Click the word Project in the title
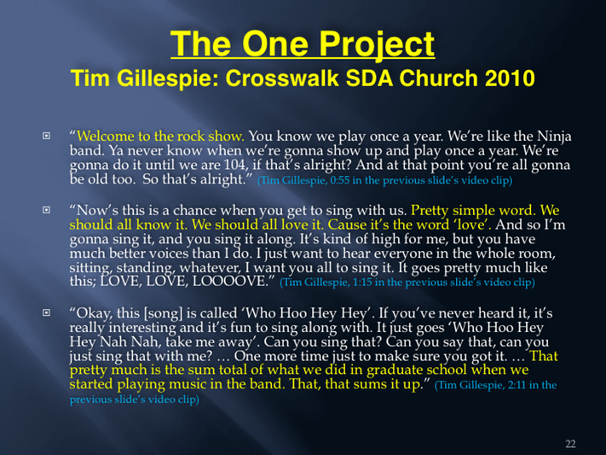(x=377, y=44)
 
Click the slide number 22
(x=570, y=444)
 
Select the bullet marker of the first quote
(x=46, y=136)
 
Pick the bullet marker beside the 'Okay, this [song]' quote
(x=46, y=312)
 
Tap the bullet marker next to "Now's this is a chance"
(x=46, y=210)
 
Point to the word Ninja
(x=554, y=137)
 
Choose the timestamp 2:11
(x=517, y=385)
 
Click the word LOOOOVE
(x=230, y=282)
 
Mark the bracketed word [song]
(x=163, y=313)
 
